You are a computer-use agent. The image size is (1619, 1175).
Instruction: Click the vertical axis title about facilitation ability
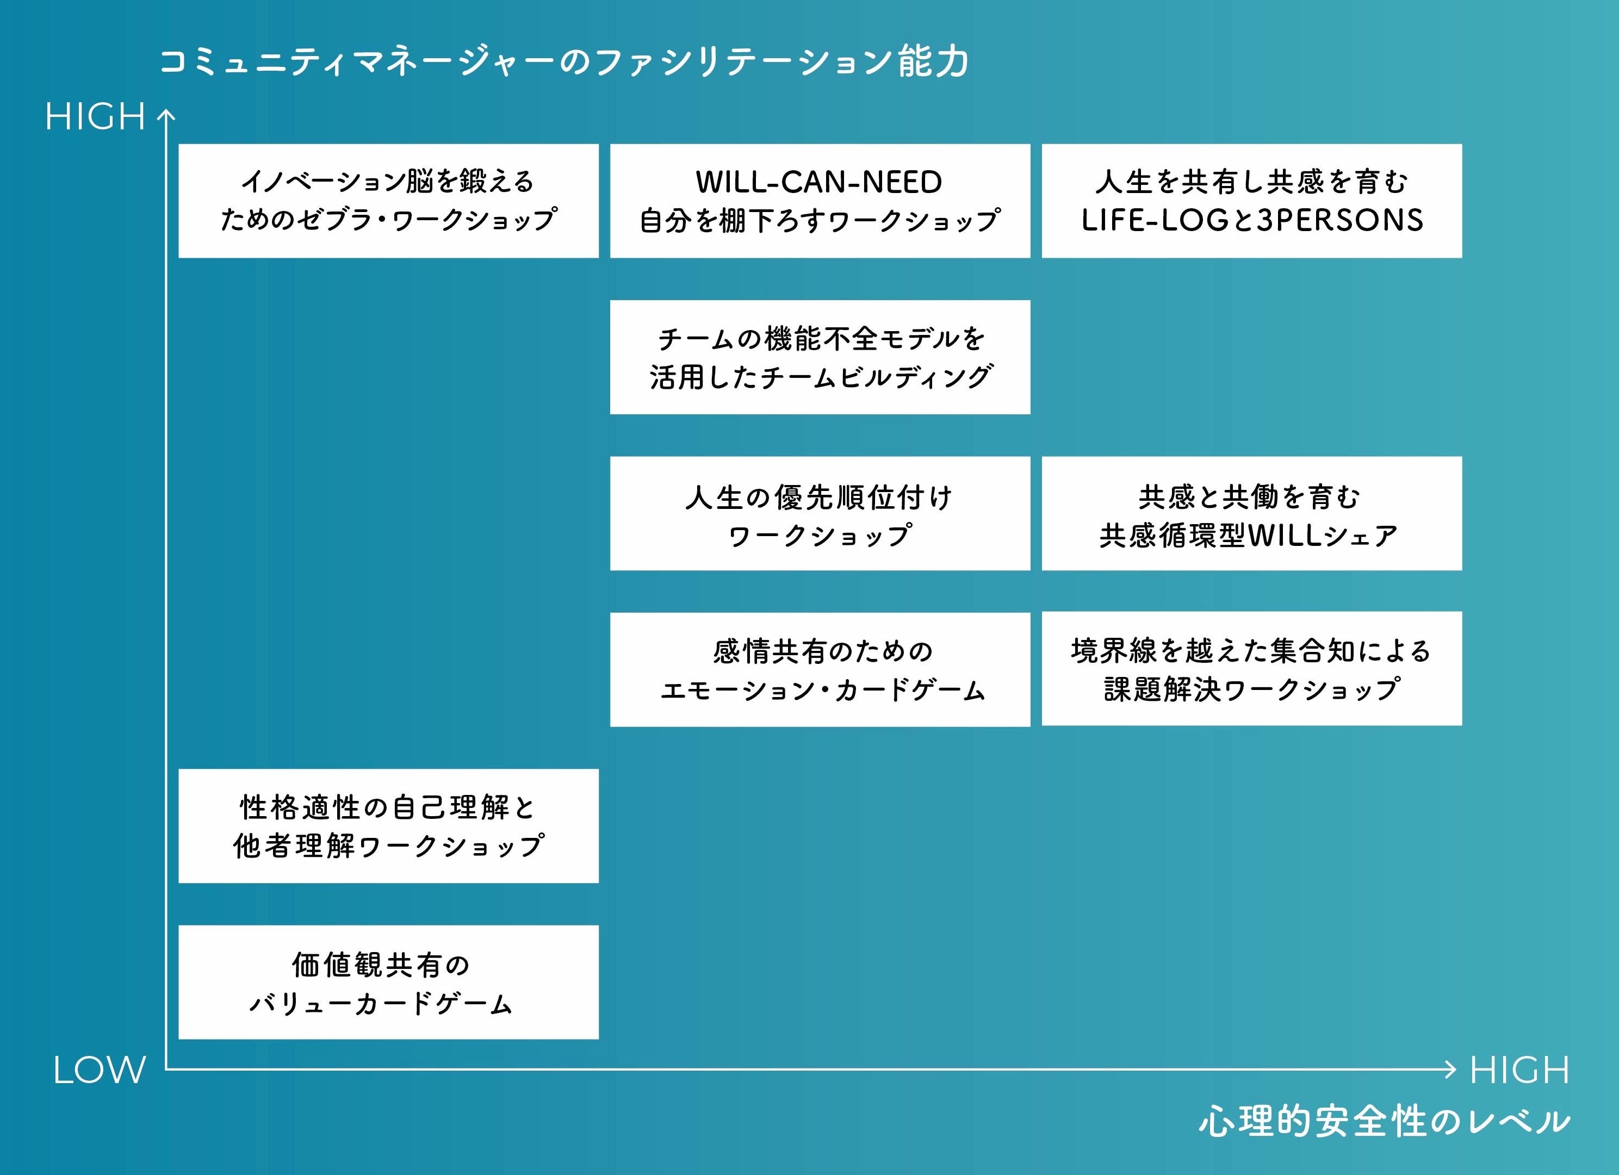(x=564, y=62)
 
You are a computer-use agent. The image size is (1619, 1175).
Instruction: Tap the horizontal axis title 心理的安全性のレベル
(x=1384, y=1121)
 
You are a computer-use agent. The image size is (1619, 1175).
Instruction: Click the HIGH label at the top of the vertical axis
(x=96, y=116)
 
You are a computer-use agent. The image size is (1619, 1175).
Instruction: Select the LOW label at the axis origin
(x=99, y=1070)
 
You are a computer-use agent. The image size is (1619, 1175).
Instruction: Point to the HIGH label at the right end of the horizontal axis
(x=1519, y=1070)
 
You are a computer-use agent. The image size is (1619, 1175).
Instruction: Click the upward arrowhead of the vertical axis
(x=166, y=114)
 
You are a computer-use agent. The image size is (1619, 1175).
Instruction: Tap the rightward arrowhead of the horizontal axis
(x=1449, y=1068)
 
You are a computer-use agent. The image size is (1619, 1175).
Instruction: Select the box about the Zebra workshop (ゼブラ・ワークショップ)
(x=388, y=201)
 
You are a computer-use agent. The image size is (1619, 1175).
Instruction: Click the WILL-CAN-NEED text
(x=819, y=182)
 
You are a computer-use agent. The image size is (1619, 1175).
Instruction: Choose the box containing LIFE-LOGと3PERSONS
(x=1251, y=201)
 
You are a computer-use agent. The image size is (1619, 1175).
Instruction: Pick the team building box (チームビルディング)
(x=820, y=357)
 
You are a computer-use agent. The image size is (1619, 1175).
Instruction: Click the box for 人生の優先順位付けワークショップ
(x=820, y=513)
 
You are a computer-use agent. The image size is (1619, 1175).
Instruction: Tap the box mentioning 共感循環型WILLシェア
(x=1251, y=513)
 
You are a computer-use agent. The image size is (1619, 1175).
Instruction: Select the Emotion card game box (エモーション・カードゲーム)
(x=820, y=669)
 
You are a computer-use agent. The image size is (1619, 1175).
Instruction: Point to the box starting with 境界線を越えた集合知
(x=1251, y=669)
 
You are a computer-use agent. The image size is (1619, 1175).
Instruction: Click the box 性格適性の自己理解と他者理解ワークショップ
(x=388, y=826)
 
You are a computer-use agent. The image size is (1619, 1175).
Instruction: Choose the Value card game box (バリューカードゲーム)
(x=388, y=983)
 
